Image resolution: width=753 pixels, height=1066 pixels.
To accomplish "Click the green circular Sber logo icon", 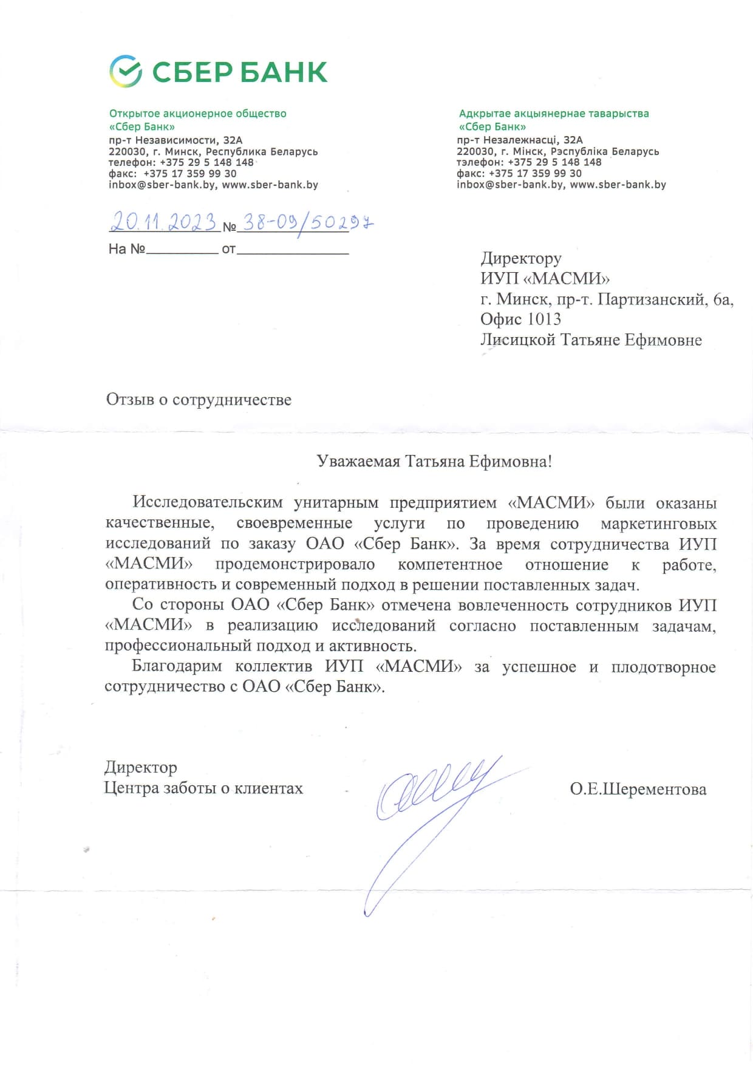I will [126, 71].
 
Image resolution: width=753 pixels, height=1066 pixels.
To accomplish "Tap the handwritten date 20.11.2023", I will [164, 222].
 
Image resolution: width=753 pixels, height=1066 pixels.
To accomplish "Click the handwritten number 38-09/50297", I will [307, 222].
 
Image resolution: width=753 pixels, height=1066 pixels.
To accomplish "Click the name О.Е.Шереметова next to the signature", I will [638, 789].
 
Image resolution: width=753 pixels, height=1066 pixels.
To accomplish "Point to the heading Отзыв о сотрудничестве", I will [199, 400].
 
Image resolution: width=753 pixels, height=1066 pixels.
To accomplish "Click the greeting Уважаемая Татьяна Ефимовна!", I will [434, 462].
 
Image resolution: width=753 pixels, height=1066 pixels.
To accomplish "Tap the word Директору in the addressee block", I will [521, 258].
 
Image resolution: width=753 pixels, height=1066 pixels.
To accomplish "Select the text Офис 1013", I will [520, 319].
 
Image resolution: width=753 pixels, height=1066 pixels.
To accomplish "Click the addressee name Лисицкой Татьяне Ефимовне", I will [591, 340].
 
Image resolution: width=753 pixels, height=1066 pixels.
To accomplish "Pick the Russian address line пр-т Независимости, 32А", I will [175, 140].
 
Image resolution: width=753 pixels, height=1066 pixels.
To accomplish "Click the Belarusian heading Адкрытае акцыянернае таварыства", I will [554, 114].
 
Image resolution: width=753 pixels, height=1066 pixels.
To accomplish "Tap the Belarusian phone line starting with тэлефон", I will [529, 162].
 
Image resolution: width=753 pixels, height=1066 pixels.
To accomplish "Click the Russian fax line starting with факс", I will [172, 173].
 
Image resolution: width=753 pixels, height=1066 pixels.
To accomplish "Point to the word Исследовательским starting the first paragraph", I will [208, 502].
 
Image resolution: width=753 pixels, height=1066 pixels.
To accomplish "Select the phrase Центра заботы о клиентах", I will [203, 788].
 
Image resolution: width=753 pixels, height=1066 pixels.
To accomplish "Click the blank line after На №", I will [182, 249].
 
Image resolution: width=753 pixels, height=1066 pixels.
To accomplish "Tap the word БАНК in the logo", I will [284, 72].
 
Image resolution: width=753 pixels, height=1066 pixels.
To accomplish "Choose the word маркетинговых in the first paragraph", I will [658, 523].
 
